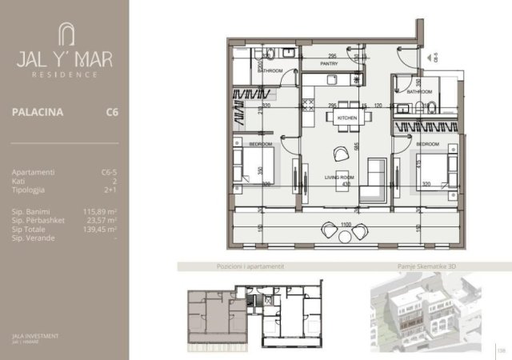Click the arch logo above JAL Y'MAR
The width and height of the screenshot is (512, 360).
(64, 34)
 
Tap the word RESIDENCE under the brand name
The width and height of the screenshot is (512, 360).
(64, 74)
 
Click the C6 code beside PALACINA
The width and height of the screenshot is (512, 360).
(112, 113)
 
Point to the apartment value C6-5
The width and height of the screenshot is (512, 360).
(110, 172)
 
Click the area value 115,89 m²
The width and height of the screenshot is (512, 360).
(101, 210)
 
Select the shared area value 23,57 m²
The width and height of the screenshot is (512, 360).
(103, 218)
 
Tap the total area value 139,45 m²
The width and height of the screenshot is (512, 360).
(101, 228)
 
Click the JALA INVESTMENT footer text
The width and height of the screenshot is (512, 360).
(35, 336)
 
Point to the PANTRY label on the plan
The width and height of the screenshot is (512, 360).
(329, 63)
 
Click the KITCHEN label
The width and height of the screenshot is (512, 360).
(346, 118)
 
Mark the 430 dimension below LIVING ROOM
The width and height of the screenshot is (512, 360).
(346, 185)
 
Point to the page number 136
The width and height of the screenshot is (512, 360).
(502, 349)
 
